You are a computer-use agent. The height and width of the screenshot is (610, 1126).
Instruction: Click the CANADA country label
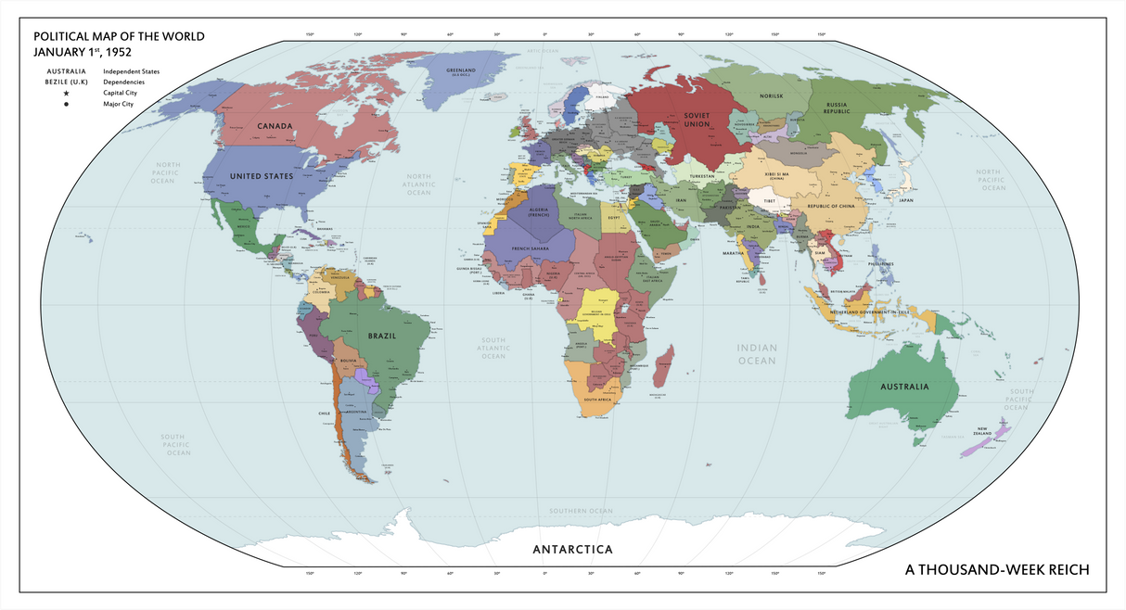[275, 125]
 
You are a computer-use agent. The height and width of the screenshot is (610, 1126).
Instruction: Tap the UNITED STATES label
[262, 176]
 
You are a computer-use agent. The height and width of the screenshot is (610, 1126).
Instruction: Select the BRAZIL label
[382, 336]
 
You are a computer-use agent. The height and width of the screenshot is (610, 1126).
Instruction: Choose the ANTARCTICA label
[572, 550]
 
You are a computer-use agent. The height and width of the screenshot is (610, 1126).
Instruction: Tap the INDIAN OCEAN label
[757, 354]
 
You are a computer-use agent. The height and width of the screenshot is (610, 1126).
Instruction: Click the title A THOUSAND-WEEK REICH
[997, 568]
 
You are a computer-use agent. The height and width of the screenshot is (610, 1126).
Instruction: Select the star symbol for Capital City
[66, 94]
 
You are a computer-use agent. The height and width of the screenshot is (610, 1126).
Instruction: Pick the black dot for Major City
[66, 105]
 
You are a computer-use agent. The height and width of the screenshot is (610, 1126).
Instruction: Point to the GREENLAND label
[461, 70]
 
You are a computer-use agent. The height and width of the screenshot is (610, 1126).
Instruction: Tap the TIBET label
[769, 200]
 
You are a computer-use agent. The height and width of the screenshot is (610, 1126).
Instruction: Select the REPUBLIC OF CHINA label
[836, 206]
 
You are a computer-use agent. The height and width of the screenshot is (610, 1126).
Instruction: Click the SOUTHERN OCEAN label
[581, 511]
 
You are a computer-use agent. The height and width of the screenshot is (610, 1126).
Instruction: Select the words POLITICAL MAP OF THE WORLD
[119, 37]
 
